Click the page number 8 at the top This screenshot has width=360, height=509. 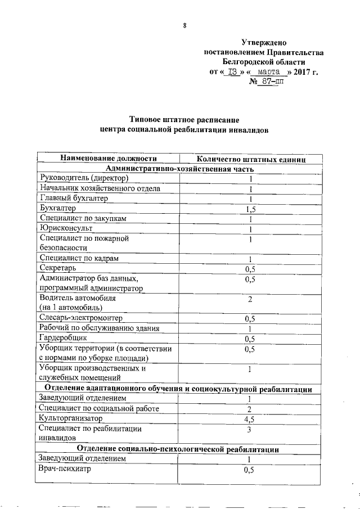tap(184, 24)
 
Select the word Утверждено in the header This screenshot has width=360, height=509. tap(263, 42)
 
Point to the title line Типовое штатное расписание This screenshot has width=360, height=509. tap(184, 119)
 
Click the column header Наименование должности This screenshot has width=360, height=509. tap(108, 159)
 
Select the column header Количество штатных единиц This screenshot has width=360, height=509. tap(250, 160)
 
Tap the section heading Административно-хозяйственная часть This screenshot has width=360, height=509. tap(179, 169)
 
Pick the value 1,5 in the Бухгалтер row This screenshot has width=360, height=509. tap(250, 209)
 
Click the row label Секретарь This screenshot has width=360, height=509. tap(61, 268)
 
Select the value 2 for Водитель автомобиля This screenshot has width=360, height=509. tap(250, 299)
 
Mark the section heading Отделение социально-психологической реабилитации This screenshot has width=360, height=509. tap(178, 449)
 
